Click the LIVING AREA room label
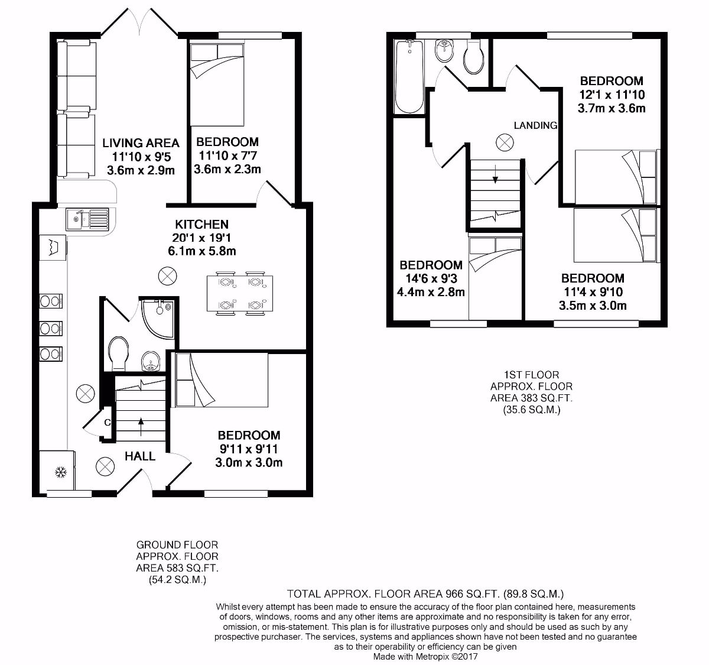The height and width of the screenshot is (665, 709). pos(141,142)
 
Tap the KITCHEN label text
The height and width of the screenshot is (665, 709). pos(201,225)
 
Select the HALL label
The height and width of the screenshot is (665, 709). pos(140,456)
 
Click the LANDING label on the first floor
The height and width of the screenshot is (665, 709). pos(535,125)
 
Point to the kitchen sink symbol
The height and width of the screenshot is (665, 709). pos(87,219)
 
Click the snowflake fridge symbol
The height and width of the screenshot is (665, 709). pos(59,472)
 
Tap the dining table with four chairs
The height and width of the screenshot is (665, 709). pos(240,292)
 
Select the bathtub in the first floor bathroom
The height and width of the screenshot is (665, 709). pos(409,77)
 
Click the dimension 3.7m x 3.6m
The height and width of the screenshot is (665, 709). pos(611,108)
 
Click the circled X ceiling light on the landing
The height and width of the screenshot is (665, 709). pos(505,142)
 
